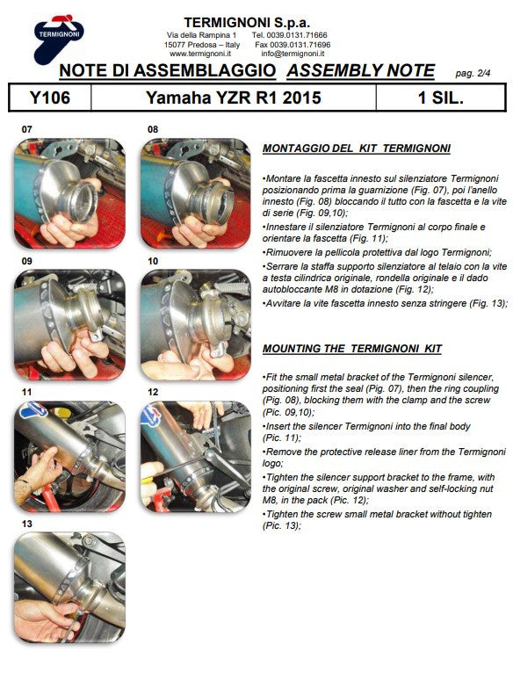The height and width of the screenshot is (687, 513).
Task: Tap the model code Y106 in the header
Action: tap(49, 98)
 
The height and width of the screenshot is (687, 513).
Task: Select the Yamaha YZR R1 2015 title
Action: tap(233, 98)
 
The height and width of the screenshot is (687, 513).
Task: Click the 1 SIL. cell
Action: tap(441, 98)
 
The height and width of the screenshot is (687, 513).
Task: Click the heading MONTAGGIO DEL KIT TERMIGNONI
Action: tap(356, 148)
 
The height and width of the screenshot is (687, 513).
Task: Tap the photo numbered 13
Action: tap(69, 589)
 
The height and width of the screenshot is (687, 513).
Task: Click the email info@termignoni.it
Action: tap(293, 54)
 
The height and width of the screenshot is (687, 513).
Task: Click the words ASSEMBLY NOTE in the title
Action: tap(360, 71)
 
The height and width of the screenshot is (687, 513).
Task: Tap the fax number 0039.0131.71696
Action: tap(293, 44)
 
